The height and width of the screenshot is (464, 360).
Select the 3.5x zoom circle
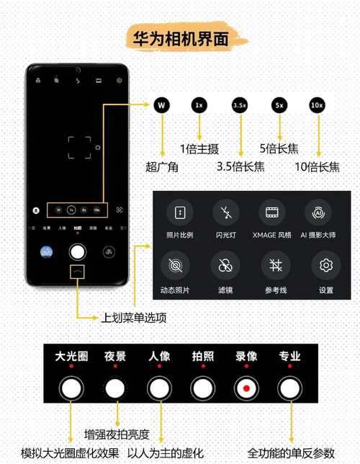[x=240, y=105]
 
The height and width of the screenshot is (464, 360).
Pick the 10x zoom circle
[x=317, y=105]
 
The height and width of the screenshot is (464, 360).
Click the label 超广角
[x=161, y=167]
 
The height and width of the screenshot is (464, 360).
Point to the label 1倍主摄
[x=199, y=149]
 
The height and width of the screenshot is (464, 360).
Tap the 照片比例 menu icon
[x=179, y=213]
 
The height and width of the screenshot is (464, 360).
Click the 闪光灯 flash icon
[x=226, y=213]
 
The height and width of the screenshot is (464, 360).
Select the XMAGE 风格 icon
[x=271, y=213]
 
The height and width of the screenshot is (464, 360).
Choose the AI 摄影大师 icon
[x=317, y=213]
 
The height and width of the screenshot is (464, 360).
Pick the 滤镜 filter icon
[x=225, y=265]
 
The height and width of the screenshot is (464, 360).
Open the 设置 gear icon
[x=325, y=265]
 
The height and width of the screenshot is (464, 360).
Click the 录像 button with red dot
[x=246, y=389]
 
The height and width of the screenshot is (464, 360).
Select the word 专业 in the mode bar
[x=289, y=356]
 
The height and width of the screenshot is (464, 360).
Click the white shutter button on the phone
[x=77, y=252]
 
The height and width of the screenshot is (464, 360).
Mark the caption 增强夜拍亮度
[x=117, y=434]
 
